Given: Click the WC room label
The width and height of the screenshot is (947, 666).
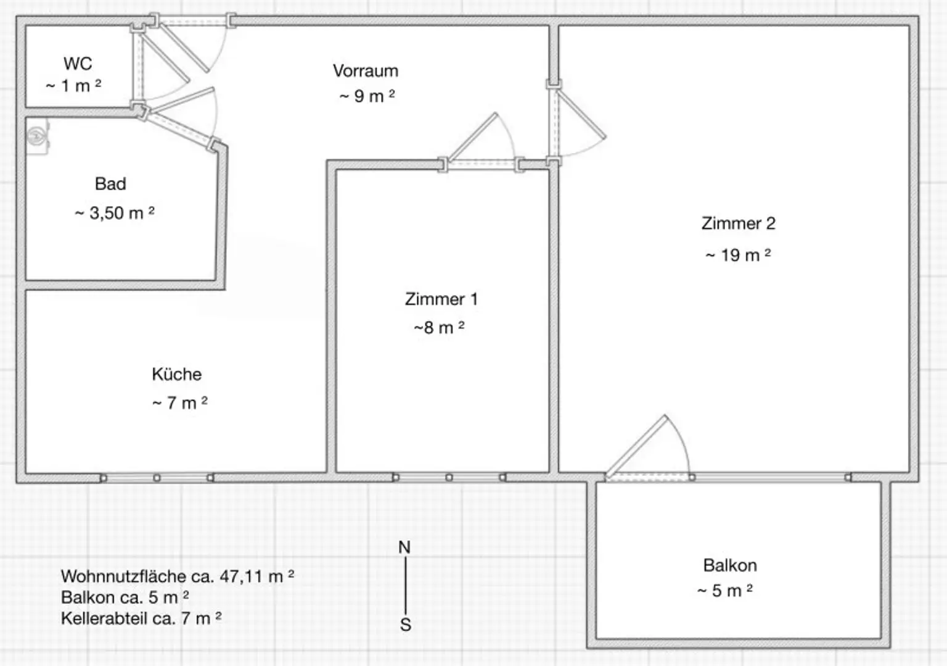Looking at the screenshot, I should [78, 64].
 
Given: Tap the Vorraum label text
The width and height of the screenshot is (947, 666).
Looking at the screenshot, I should [366, 71].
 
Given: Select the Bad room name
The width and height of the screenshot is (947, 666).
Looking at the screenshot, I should [110, 184].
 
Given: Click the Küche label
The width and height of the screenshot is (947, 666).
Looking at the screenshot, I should [176, 375].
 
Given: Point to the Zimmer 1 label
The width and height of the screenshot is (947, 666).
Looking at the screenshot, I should [441, 299].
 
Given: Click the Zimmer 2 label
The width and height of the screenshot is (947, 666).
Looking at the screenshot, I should [738, 223].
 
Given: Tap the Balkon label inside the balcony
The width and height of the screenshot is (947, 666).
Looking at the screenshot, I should [730, 565].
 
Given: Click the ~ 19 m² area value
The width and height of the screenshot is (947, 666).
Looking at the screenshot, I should [738, 255].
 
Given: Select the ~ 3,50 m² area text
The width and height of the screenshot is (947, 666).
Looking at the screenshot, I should [115, 213].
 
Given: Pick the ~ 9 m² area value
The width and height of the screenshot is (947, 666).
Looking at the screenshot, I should [367, 96].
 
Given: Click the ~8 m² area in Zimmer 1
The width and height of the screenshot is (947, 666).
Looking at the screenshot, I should [439, 328].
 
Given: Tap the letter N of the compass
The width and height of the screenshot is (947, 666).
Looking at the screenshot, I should [404, 547].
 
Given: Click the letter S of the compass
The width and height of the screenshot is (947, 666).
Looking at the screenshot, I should [405, 625].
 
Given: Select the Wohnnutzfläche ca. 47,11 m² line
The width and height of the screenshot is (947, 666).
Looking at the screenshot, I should [177, 577].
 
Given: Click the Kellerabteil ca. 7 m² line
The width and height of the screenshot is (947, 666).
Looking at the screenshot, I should [141, 618].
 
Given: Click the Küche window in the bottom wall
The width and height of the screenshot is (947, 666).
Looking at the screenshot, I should [157, 478].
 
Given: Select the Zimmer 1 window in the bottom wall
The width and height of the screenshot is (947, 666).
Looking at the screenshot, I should [449, 478].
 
